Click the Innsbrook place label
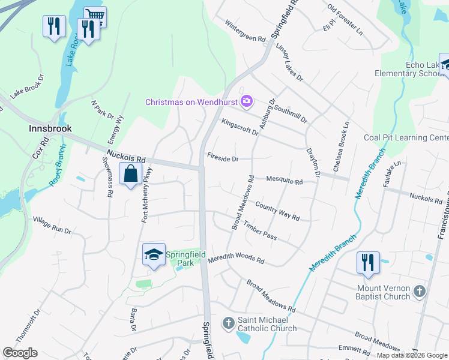pyautogui.click(x=50, y=128)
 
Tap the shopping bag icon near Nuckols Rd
pyautogui.click(x=130, y=174)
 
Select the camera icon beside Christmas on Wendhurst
pyautogui.click(x=246, y=101)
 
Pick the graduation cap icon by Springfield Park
pyautogui.click(x=154, y=255)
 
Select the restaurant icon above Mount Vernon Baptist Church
pyautogui.click(x=367, y=262)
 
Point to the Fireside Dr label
pyautogui.click(x=223, y=159)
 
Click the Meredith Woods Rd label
pyautogui.click(x=236, y=260)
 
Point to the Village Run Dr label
pyautogui.click(x=52, y=226)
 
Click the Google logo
pyautogui.click(x=20, y=353)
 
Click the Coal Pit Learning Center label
pyautogui.click(x=406, y=137)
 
